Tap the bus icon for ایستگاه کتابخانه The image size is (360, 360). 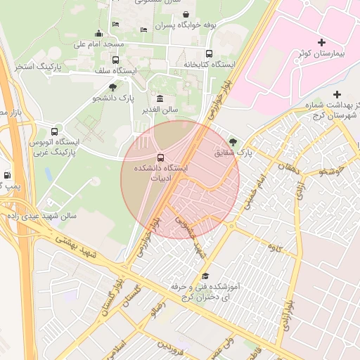click(x=209, y=53)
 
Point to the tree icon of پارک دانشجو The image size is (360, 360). click(x=112, y=86)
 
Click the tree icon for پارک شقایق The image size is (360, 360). click(x=233, y=141)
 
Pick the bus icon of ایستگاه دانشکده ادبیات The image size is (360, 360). click(x=161, y=157)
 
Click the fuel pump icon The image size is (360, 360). click(x=7, y=174)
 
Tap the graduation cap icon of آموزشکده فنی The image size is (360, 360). click(x=205, y=276)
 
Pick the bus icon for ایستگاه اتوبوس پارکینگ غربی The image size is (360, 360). click(x=54, y=131)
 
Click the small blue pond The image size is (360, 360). click(x=49, y=172)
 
